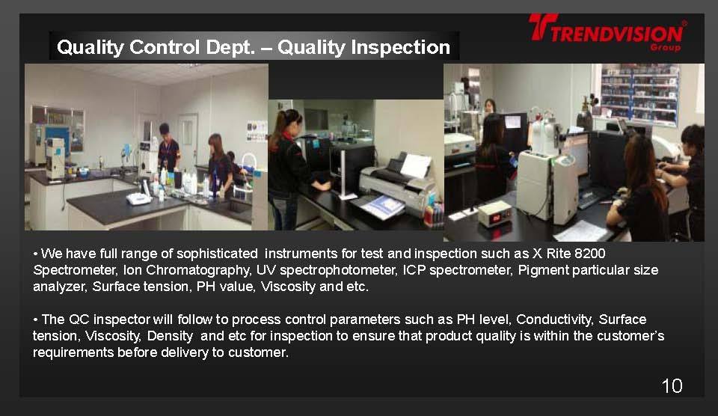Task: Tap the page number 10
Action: [x=672, y=386]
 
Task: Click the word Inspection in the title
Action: [x=364, y=47]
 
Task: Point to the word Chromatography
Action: [x=197, y=270]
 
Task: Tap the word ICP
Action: [x=414, y=270]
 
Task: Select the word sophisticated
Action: [x=217, y=254]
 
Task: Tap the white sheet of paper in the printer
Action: [x=415, y=165]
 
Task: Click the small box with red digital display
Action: [x=494, y=213]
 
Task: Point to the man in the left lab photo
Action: [x=168, y=149]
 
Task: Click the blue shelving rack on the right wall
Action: [x=639, y=94]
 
